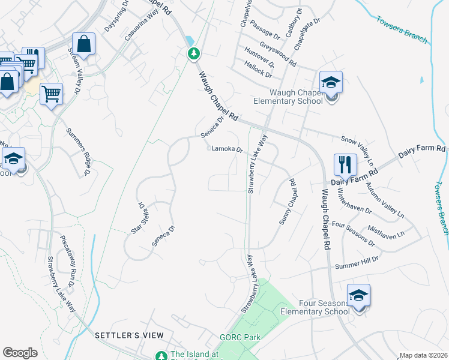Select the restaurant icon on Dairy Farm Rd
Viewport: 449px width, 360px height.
click(x=345, y=164)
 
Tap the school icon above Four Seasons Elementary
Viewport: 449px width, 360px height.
click(x=358, y=295)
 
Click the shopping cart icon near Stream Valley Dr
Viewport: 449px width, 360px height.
click(x=52, y=93)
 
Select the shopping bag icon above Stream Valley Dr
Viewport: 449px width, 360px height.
click(x=83, y=44)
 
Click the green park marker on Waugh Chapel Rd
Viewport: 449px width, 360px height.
click(x=193, y=53)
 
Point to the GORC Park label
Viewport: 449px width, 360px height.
click(x=240, y=337)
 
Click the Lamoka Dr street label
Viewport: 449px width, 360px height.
click(x=226, y=149)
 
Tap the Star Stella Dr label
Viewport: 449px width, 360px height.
click(x=139, y=217)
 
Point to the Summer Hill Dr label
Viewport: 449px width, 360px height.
click(x=357, y=262)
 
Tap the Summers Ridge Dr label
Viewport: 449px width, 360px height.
click(x=78, y=152)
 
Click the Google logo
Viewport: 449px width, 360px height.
click(x=20, y=352)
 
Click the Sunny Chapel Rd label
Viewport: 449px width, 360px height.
click(x=288, y=202)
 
